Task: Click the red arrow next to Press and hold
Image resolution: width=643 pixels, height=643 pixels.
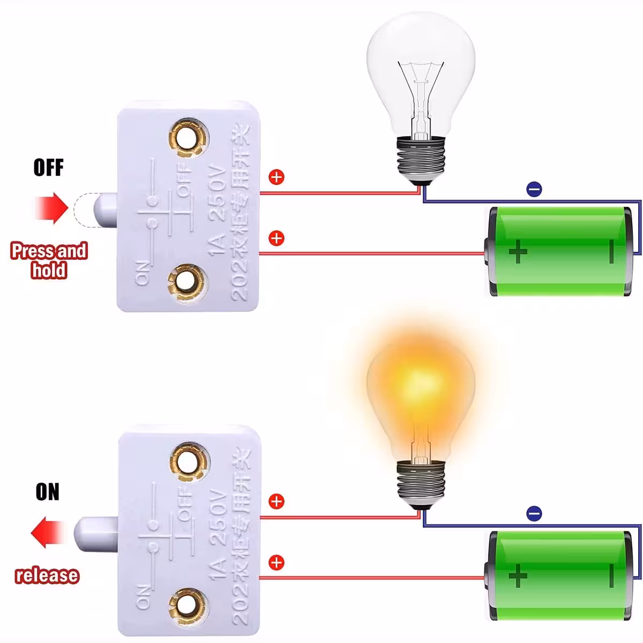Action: point(53,208)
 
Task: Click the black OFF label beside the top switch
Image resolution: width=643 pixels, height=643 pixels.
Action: point(48,168)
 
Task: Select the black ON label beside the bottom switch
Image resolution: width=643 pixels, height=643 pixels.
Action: point(48,492)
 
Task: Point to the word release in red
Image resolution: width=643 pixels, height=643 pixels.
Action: point(47,575)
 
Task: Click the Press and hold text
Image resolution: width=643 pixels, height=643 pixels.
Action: point(49,260)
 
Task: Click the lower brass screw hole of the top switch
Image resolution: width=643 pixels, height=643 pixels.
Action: point(187,280)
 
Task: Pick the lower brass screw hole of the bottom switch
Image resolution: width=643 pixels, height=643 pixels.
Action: point(188,604)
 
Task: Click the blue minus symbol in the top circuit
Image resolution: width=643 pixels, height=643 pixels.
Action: point(534,189)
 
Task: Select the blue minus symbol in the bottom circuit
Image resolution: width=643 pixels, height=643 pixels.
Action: point(534,513)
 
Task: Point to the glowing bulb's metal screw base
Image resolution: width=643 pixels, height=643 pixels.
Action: point(421,484)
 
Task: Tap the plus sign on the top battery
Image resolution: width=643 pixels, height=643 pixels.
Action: point(518,252)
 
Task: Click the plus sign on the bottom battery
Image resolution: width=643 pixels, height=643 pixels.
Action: point(518,576)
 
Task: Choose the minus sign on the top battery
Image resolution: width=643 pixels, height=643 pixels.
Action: point(611,251)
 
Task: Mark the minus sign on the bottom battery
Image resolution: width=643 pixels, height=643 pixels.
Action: point(611,576)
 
